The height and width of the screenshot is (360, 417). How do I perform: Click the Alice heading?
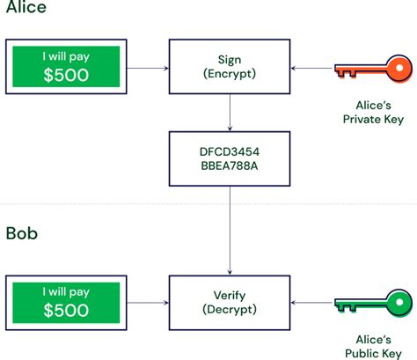coord(26,6)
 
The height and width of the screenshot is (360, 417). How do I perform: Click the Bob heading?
coord(22,233)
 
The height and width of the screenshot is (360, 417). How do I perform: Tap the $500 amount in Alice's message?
coord(66,75)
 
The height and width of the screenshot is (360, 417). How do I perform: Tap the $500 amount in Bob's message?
coord(66,310)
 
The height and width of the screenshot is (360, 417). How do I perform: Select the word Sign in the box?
coord(230,60)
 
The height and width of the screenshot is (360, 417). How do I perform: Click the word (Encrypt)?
coord(230,73)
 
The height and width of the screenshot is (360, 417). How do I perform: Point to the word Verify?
coord(230,296)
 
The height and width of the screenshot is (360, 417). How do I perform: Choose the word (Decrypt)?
coord(230,309)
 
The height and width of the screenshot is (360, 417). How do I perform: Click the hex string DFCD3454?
coord(230,151)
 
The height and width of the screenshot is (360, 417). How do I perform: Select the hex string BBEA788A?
coord(230,165)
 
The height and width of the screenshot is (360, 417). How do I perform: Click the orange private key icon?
coord(373,69)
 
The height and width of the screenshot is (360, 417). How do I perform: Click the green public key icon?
coord(373,303)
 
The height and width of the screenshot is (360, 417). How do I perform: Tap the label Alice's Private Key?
coord(373,113)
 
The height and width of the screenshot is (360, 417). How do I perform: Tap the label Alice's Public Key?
coord(373,347)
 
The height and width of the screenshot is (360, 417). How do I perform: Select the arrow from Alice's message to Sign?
coord(148,69)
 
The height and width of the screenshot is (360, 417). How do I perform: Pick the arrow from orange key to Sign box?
coord(312,69)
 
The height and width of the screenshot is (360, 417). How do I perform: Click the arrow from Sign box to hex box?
coord(230,113)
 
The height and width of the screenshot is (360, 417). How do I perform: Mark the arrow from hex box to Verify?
coord(230,231)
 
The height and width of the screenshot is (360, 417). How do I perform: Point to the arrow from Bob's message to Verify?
coord(148,303)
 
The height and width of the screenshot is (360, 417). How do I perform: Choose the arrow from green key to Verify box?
coord(312,303)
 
